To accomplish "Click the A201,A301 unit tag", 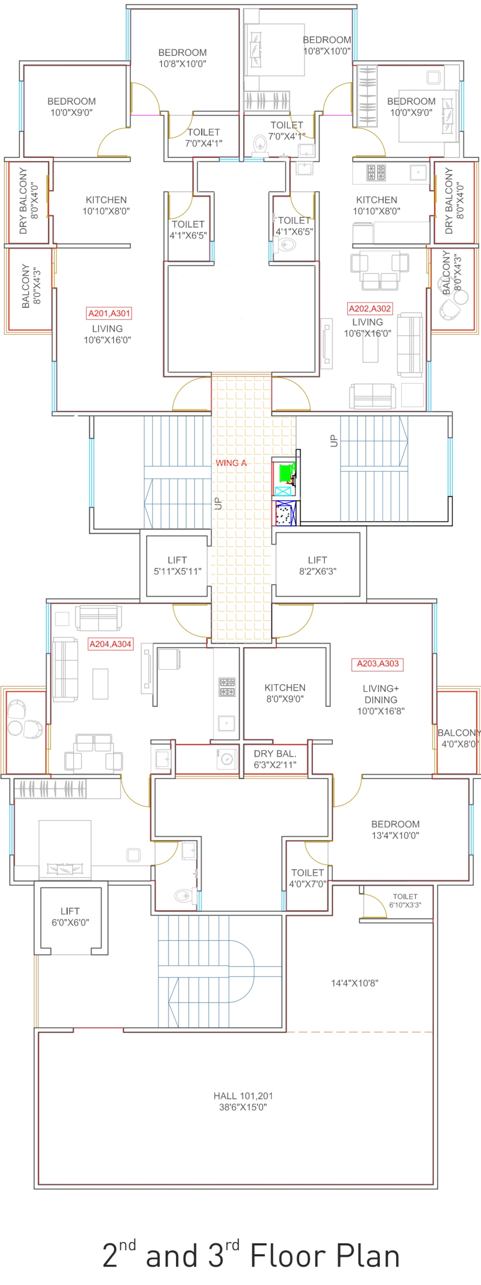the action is (109, 313).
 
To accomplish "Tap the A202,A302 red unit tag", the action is (370, 309).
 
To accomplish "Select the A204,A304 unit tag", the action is (110, 644).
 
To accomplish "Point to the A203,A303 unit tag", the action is (378, 663).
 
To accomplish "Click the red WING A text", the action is (231, 463).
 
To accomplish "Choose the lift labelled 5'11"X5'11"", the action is (177, 566).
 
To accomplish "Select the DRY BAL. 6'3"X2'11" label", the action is (275, 759).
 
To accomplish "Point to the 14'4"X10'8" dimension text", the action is (355, 983).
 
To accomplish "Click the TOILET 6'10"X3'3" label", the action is (405, 900).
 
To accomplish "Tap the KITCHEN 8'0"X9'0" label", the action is (285, 693).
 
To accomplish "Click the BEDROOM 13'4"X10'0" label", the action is (395, 830).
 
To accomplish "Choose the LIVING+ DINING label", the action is (381, 694).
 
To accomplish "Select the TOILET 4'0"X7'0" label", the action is (308, 878).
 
